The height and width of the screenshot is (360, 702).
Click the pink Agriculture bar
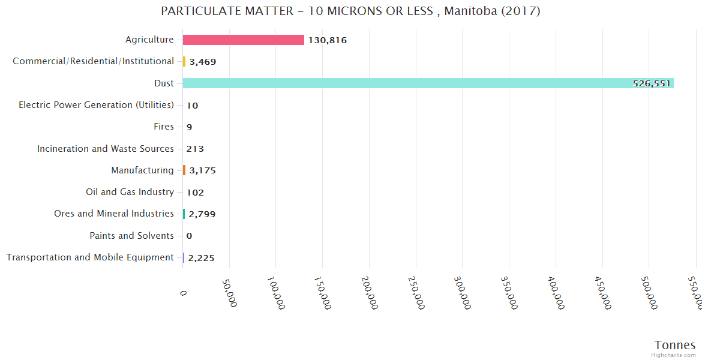[243, 40]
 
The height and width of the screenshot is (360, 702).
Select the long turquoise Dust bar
[428, 83]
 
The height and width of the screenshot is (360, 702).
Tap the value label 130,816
[328, 40]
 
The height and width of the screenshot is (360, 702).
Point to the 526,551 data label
[651, 83]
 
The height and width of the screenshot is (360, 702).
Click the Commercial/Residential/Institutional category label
[93, 61]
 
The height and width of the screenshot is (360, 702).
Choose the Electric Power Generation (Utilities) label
[96, 105]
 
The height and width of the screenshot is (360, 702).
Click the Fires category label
[164, 127]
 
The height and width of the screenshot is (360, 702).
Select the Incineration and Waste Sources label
[106, 149]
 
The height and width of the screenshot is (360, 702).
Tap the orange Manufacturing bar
[184, 170]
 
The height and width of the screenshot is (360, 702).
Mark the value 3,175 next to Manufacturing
[202, 170]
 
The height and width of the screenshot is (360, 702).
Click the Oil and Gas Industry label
[130, 192]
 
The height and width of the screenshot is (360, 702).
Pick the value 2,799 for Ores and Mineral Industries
[202, 214]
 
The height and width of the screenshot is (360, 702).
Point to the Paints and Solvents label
[131, 236]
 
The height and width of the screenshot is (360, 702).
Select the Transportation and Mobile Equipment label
[90, 257]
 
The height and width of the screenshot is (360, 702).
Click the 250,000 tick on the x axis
[415, 293]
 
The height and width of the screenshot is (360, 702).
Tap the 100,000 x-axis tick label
[275, 293]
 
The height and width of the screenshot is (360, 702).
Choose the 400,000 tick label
[555, 293]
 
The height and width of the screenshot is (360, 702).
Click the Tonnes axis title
[674, 345]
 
